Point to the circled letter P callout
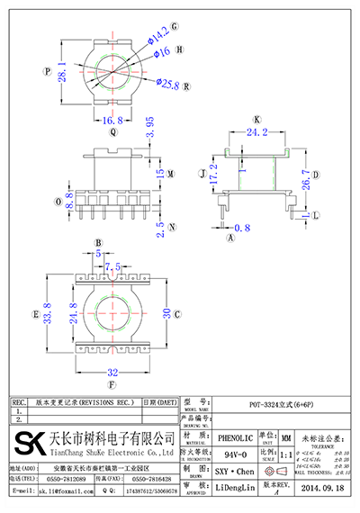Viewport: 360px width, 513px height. tap(45, 70)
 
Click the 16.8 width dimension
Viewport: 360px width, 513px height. tap(112, 120)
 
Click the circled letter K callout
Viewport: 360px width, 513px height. tap(256, 119)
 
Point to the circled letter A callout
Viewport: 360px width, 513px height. tap(230, 239)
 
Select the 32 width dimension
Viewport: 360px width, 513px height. tap(113, 371)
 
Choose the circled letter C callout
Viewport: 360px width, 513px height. tap(178, 314)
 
